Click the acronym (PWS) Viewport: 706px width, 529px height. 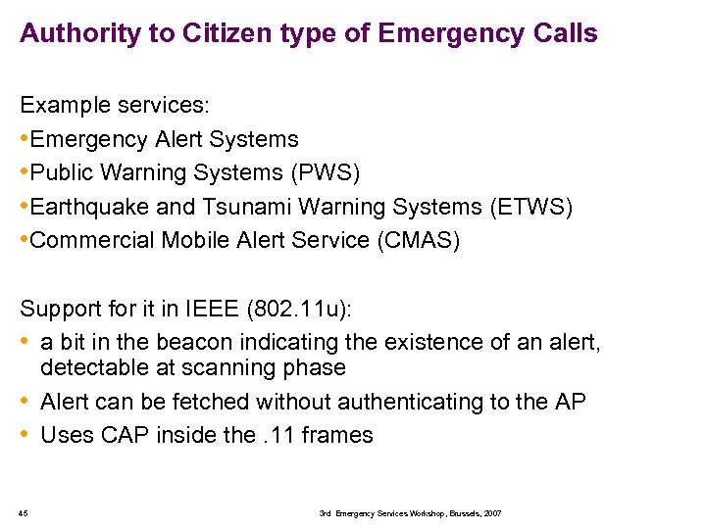pos(326,173)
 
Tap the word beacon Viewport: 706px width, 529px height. pos(206,343)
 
